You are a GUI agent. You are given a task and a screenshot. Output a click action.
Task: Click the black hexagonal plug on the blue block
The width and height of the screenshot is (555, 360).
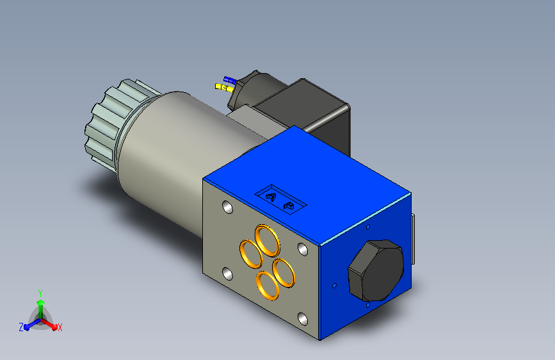point(376,270)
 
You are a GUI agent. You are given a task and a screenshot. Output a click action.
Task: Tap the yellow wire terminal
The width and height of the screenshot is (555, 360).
point(224,88)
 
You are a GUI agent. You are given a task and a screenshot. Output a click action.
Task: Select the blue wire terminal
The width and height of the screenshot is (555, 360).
point(229,80)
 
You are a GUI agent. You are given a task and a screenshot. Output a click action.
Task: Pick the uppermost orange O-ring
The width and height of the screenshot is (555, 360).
point(268,240)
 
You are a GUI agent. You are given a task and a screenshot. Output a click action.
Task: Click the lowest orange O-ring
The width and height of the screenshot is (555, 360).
point(268,285)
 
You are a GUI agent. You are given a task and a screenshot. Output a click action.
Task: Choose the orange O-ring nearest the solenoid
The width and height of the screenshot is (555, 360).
point(251,254)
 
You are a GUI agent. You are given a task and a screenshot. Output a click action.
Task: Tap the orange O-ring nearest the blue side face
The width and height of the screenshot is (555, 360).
point(284,272)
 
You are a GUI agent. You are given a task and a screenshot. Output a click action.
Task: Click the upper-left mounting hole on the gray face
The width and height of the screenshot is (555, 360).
point(228,208)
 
